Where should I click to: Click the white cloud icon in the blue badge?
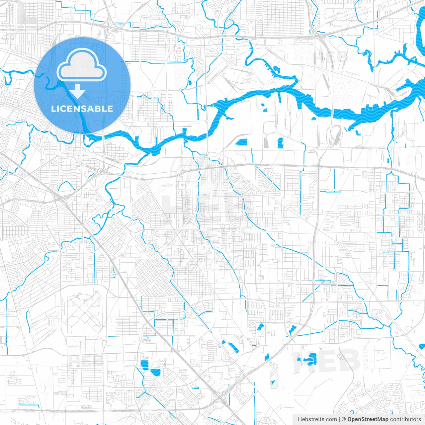(82, 67)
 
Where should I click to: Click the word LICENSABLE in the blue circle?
(82, 109)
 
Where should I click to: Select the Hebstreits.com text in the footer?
(317, 419)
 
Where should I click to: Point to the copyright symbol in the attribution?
(344, 419)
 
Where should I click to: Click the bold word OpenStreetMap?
(368, 419)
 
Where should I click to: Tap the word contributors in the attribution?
(405, 419)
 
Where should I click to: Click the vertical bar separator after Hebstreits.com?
(339, 419)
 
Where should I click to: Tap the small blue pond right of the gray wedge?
(280, 143)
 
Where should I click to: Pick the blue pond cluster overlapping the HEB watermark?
(308, 359)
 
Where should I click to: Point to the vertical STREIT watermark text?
(366, 359)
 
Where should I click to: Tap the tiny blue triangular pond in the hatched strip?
(273, 383)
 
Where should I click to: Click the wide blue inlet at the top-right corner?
(420, 30)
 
